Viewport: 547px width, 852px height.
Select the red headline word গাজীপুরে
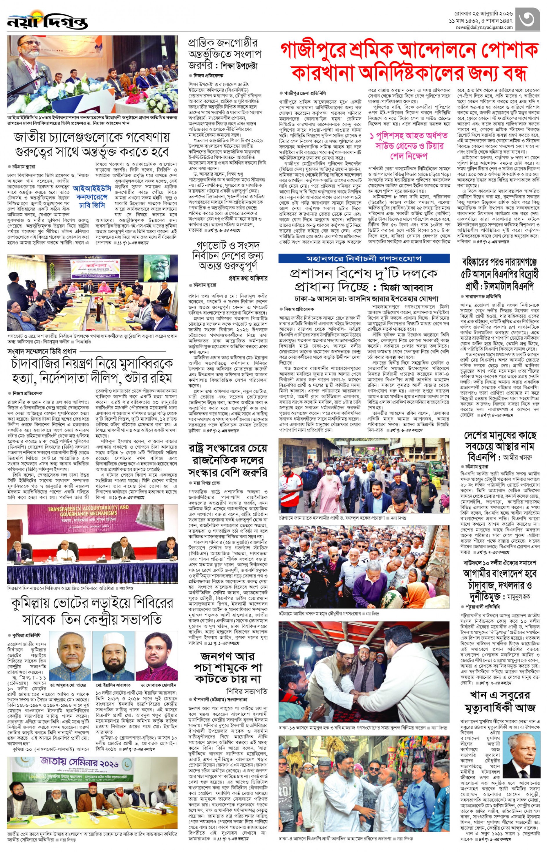(311, 51)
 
